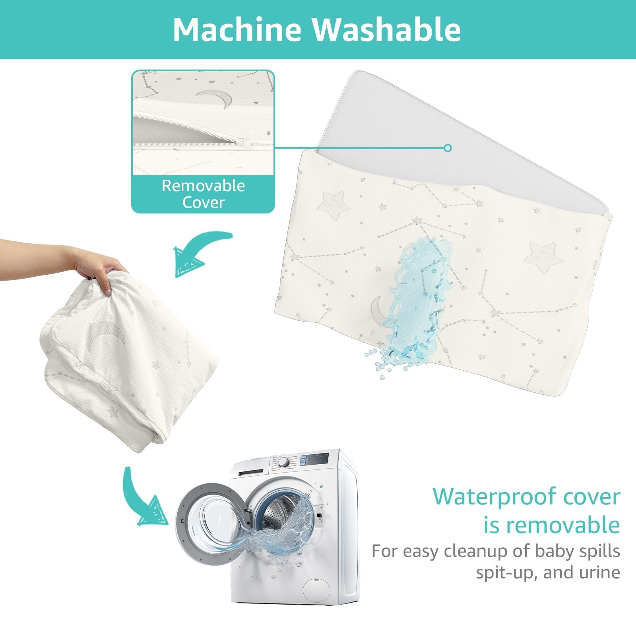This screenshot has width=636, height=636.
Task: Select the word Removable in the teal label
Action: click(x=203, y=186)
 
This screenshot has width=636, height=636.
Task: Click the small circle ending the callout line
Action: click(x=448, y=148)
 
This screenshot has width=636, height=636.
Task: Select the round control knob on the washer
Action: click(x=283, y=462)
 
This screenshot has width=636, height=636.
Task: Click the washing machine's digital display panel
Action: click(x=314, y=460)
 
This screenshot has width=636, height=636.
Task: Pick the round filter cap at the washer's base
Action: click(x=316, y=590)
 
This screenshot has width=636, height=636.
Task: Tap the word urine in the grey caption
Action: click(x=599, y=572)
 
